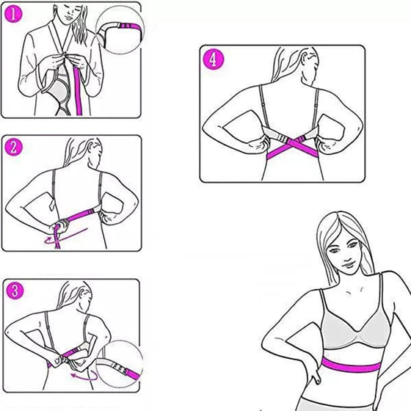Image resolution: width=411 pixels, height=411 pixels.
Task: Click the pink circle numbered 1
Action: [13, 14]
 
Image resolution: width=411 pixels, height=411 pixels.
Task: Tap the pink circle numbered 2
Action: [13, 148]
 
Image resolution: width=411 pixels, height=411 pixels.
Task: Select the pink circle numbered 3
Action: [15, 291]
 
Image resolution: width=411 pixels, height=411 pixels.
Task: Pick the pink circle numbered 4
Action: [214, 59]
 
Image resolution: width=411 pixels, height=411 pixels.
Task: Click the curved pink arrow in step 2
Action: [65, 236]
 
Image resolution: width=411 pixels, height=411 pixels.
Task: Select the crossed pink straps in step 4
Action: [294, 147]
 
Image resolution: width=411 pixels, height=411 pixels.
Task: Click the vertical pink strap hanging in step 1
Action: [78, 92]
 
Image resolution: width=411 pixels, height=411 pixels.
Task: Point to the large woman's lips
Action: [349, 264]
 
